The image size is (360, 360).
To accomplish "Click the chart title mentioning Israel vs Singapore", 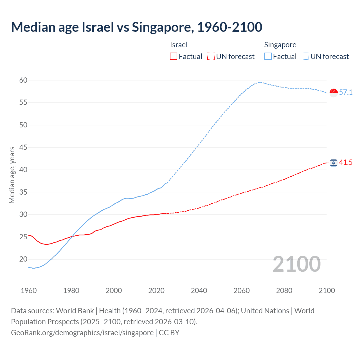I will [x=137, y=27].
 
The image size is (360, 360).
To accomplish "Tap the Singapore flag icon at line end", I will [x=334, y=93].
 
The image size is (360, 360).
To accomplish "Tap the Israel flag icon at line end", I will [x=334, y=163].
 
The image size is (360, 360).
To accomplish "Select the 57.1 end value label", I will [x=346, y=92].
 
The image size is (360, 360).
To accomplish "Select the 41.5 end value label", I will [x=346, y=162].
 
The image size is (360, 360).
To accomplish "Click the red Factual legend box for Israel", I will [x=174, y=57].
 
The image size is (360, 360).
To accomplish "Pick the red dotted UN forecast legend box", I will [x=211, y=57].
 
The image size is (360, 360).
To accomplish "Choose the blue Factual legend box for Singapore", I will [x=268, y=57].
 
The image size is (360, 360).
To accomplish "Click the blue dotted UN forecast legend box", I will [x=305, y=57].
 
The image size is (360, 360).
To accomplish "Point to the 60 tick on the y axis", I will [x=23, y=80].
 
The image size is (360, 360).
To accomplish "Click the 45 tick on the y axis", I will [x=23, y=147].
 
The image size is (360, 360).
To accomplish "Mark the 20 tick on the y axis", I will [x=23, y=259].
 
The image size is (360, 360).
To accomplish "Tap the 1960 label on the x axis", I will [x=29, y=291].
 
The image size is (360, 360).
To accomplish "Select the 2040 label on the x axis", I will [x=199, y=291].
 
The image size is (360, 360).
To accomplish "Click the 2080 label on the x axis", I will [x=284, y=291].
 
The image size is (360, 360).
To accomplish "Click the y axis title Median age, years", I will [x=12, y=175].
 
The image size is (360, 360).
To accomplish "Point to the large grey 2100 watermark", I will [x=296, y=264].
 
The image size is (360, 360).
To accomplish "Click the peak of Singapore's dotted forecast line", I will [x=259, y=82].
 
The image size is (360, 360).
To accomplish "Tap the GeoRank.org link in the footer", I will [x=82, y=332].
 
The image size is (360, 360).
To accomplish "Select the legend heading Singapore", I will [x=280, y=45].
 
